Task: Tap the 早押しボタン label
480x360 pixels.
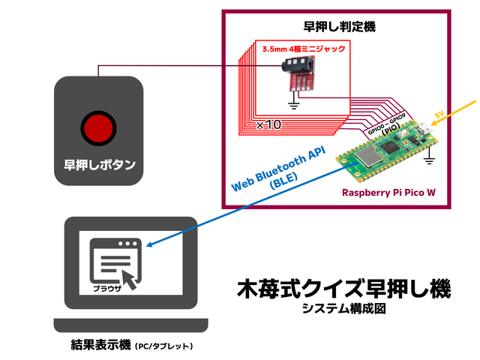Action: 98,165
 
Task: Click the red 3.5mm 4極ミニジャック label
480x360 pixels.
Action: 304,49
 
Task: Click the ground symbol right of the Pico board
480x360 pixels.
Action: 429,159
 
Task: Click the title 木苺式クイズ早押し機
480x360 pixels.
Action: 343,289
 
